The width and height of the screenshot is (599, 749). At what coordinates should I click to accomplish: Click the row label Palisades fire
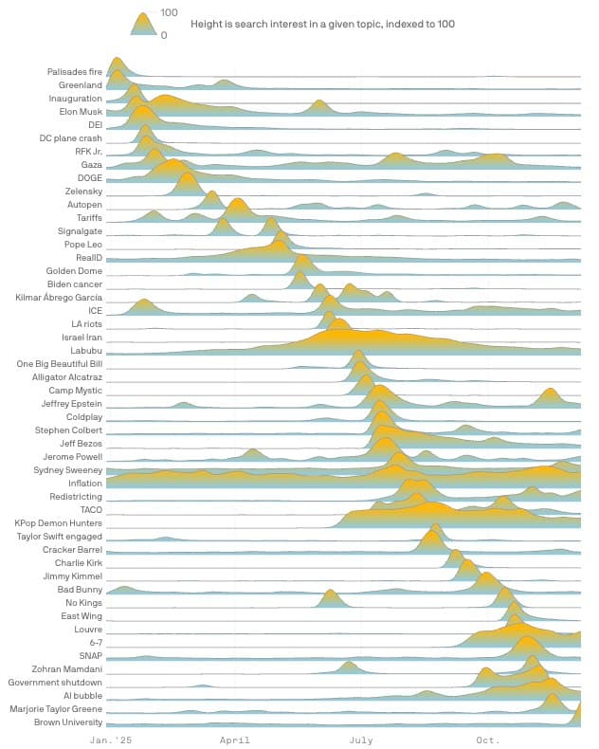(75, 72)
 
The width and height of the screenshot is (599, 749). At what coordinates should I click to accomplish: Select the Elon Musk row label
(81, 112)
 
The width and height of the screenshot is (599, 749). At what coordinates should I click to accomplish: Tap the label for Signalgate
(80, 231)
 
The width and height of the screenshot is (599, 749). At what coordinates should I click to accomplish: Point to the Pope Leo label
(82, 245)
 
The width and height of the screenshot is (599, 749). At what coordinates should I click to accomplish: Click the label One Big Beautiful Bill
(60, 364)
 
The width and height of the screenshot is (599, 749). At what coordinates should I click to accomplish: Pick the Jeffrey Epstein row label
(71, 404)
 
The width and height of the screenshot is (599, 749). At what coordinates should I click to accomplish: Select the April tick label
(235, 739)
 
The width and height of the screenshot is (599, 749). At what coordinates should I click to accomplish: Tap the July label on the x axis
(361, 739)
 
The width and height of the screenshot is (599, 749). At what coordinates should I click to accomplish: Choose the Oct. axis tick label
(488, 739)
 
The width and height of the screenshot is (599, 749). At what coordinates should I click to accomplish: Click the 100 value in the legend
(169, 12)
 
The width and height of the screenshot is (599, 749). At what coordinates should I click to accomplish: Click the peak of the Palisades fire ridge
(117, 59)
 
